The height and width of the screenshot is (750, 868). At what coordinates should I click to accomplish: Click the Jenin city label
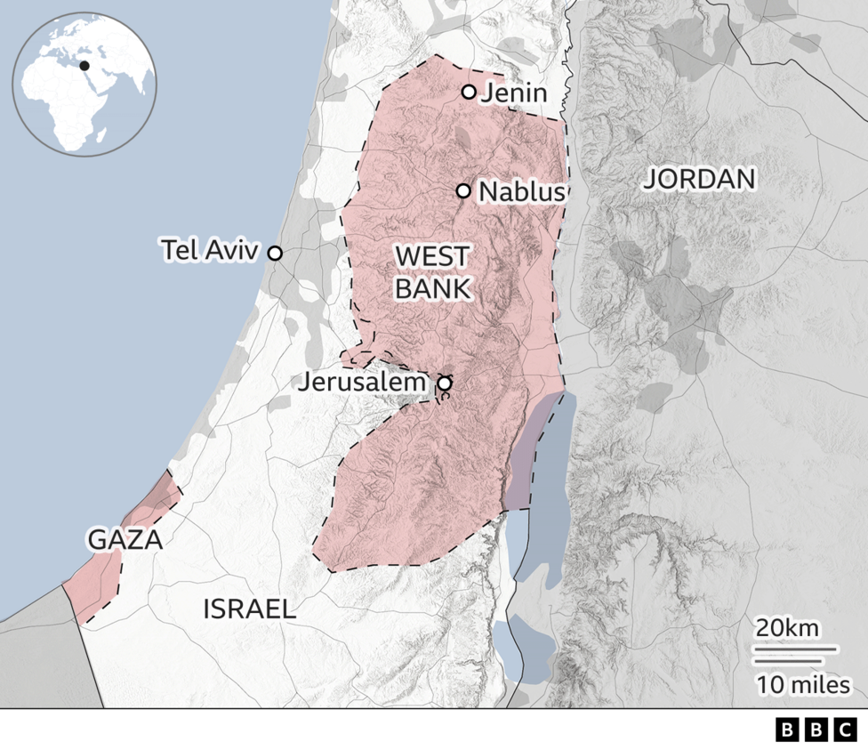514,93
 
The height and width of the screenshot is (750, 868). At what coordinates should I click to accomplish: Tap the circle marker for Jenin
469,92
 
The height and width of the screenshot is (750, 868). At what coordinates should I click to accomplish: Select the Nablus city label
520,192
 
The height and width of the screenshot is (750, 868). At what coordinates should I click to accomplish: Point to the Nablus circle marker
463,190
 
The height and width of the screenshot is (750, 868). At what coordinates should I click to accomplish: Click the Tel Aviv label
210,250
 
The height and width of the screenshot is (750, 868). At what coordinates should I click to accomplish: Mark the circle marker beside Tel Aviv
275,254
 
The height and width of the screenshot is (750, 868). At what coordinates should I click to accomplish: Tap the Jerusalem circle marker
444,383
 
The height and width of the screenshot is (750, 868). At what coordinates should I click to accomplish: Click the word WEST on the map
431,257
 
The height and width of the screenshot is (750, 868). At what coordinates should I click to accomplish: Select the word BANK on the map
432,288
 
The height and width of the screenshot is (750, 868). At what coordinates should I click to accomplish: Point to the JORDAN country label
699,179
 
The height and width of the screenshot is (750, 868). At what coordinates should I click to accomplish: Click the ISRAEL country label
250,609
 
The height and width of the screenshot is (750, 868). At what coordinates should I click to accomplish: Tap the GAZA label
125,539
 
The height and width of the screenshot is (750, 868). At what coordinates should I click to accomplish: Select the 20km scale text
787,627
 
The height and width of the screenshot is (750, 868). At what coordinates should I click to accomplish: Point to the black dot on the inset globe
85,65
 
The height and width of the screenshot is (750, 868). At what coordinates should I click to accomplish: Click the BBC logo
815,730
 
